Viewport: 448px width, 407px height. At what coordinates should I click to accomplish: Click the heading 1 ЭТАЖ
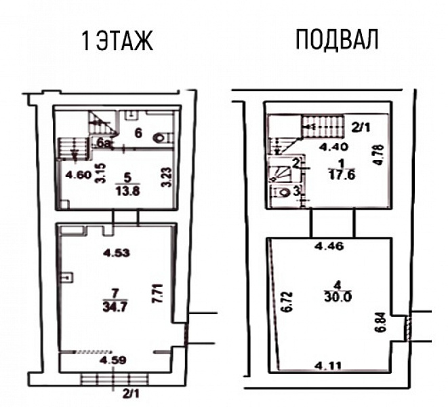[117, 43]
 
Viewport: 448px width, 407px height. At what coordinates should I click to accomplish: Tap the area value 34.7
[116, 299]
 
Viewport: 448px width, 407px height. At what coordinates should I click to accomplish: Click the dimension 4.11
[333, 366]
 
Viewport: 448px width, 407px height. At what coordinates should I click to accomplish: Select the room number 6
[138, 133]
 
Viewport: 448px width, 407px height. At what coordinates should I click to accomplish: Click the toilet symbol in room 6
[161, 137]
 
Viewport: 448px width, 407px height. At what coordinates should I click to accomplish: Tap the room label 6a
[104, 143]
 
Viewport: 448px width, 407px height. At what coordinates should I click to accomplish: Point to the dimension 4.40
[333, 145]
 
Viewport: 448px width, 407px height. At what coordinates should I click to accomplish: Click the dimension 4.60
[78, 174]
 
